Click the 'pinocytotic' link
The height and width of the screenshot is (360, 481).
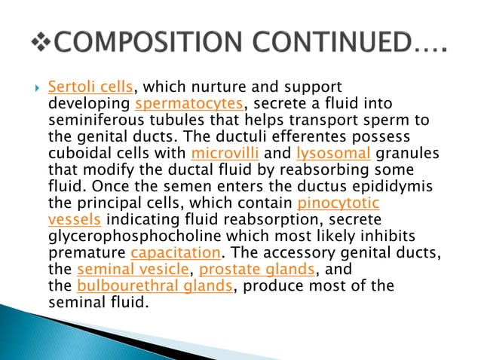[339, 203]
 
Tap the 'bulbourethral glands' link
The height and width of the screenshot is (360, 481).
[156, 286]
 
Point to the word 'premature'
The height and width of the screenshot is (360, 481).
[86, 253]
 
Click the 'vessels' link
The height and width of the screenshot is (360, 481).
[74, 220]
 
